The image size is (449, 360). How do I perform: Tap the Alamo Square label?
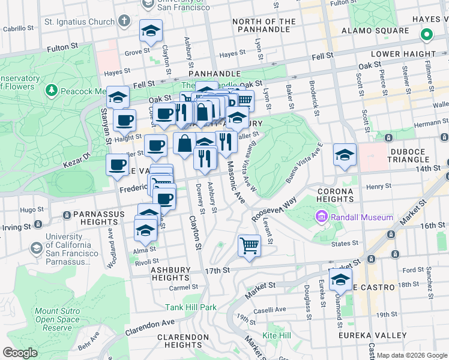click(x=367, y=31)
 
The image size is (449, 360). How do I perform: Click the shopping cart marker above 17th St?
click(x=249, y=245)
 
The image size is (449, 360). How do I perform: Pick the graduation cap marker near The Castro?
click(x=340, y=280)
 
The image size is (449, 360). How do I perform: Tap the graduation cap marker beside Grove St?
click(x=151, y=31)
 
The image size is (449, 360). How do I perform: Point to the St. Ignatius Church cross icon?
click(x=124, y=22)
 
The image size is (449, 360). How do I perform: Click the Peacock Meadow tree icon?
click(x=52, y=91)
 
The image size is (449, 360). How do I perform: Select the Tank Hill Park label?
click(x=191, y=307)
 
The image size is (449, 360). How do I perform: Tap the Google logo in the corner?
click(x=20, y=352)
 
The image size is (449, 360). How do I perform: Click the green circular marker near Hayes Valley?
click(x=427, y=35)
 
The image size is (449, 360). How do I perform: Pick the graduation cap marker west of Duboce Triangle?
click(x=345, y=155)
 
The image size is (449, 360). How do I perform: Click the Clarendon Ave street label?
click(x=149, y=328)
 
